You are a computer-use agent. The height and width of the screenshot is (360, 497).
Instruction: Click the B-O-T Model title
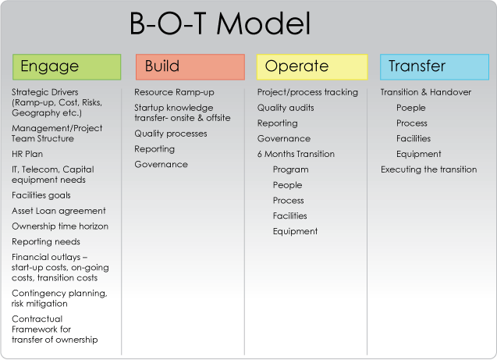click(x=220, y=23)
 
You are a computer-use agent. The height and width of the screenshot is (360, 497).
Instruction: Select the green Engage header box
click(x=67, y=67)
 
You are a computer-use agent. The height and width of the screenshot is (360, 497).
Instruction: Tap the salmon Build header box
click(x=190, y=67)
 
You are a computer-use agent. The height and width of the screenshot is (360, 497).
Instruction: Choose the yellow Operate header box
click(x=312, y=67)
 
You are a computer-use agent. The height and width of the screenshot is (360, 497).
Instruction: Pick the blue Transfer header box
click(x=435, y=67)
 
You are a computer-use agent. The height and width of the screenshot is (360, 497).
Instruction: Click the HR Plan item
click(x=27, y=154)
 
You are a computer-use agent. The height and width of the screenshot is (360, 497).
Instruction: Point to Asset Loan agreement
click(x=59, y=212)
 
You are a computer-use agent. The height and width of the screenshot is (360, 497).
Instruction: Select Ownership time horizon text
click(x=60, y=226)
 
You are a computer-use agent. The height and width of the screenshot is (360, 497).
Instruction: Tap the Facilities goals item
click(x=41, y=195)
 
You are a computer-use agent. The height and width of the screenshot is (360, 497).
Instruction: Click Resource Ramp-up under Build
click(x=174, y=92)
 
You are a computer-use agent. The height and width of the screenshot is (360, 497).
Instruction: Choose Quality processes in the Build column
click(x=171, y=134)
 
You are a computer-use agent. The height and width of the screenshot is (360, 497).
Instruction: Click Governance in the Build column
click(x=161, y=164)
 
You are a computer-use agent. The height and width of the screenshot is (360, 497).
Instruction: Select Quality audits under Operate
click(x=286, y=108)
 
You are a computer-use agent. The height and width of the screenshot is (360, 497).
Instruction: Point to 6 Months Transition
click(x=296, y=154)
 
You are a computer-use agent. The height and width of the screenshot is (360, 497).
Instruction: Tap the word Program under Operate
click(x=291, y=169)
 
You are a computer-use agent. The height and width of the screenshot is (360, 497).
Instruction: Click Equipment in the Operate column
click(x=295, y=232)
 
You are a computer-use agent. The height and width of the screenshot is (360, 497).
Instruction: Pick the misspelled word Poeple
click(x=410, y=108)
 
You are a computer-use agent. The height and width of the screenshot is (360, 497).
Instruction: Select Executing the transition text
click(x=429, y=169)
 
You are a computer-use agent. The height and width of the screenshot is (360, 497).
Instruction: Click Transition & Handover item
click(x=426, y=92)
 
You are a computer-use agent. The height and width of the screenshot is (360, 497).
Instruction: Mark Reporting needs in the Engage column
click(x=46, y=242)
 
